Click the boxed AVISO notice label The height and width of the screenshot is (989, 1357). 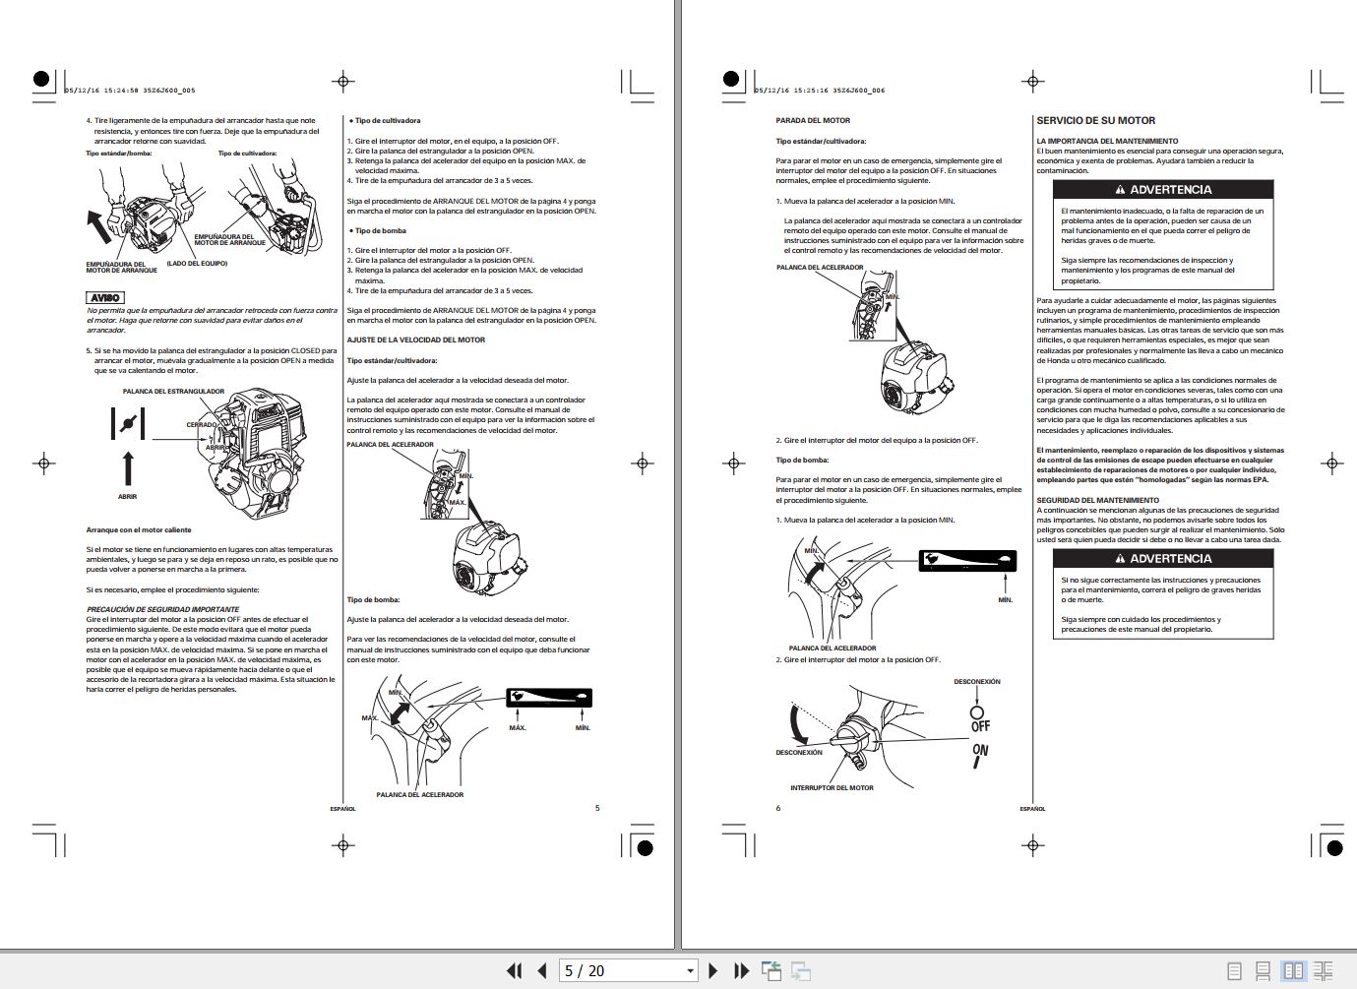click(x=105, y=297)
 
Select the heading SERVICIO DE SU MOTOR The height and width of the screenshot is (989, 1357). click(x=1095, y=120)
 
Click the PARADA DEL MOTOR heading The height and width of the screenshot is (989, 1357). click(x=813, y=120)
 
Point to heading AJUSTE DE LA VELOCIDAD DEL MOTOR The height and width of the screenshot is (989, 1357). click(x=415, y=340)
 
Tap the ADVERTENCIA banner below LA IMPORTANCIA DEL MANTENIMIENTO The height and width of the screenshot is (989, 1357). click(x=1163, y=189)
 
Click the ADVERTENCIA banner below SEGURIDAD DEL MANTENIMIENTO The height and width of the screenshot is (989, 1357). click(x=1163, y=558)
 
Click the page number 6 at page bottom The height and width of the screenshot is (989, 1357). click(x=777, y=808)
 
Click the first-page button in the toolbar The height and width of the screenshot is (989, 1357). click(x=514, y=970)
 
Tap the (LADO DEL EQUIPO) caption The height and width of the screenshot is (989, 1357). click(x=197, y=263)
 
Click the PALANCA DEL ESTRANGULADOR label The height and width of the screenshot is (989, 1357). click(x=173, y=391)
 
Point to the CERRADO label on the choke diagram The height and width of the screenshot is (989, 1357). click(x=201, y=424)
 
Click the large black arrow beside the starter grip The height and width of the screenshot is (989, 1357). click(x=99, y=225)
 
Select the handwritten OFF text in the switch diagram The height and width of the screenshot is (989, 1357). click(x=980, y=726)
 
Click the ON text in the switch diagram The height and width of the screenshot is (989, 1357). click(x=979, y=751)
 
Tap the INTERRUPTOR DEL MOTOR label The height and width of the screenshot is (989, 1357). click(x=832, y=787)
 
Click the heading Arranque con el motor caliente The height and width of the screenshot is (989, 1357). click(x=139, y=529)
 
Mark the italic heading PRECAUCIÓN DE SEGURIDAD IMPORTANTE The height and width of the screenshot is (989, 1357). click(x=162, y=609)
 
